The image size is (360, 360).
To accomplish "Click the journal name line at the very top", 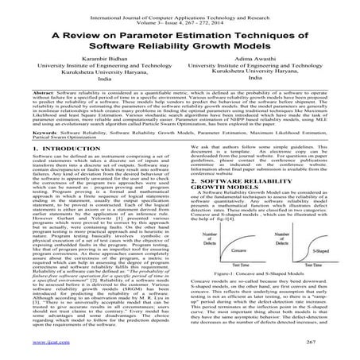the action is (181, 6).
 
